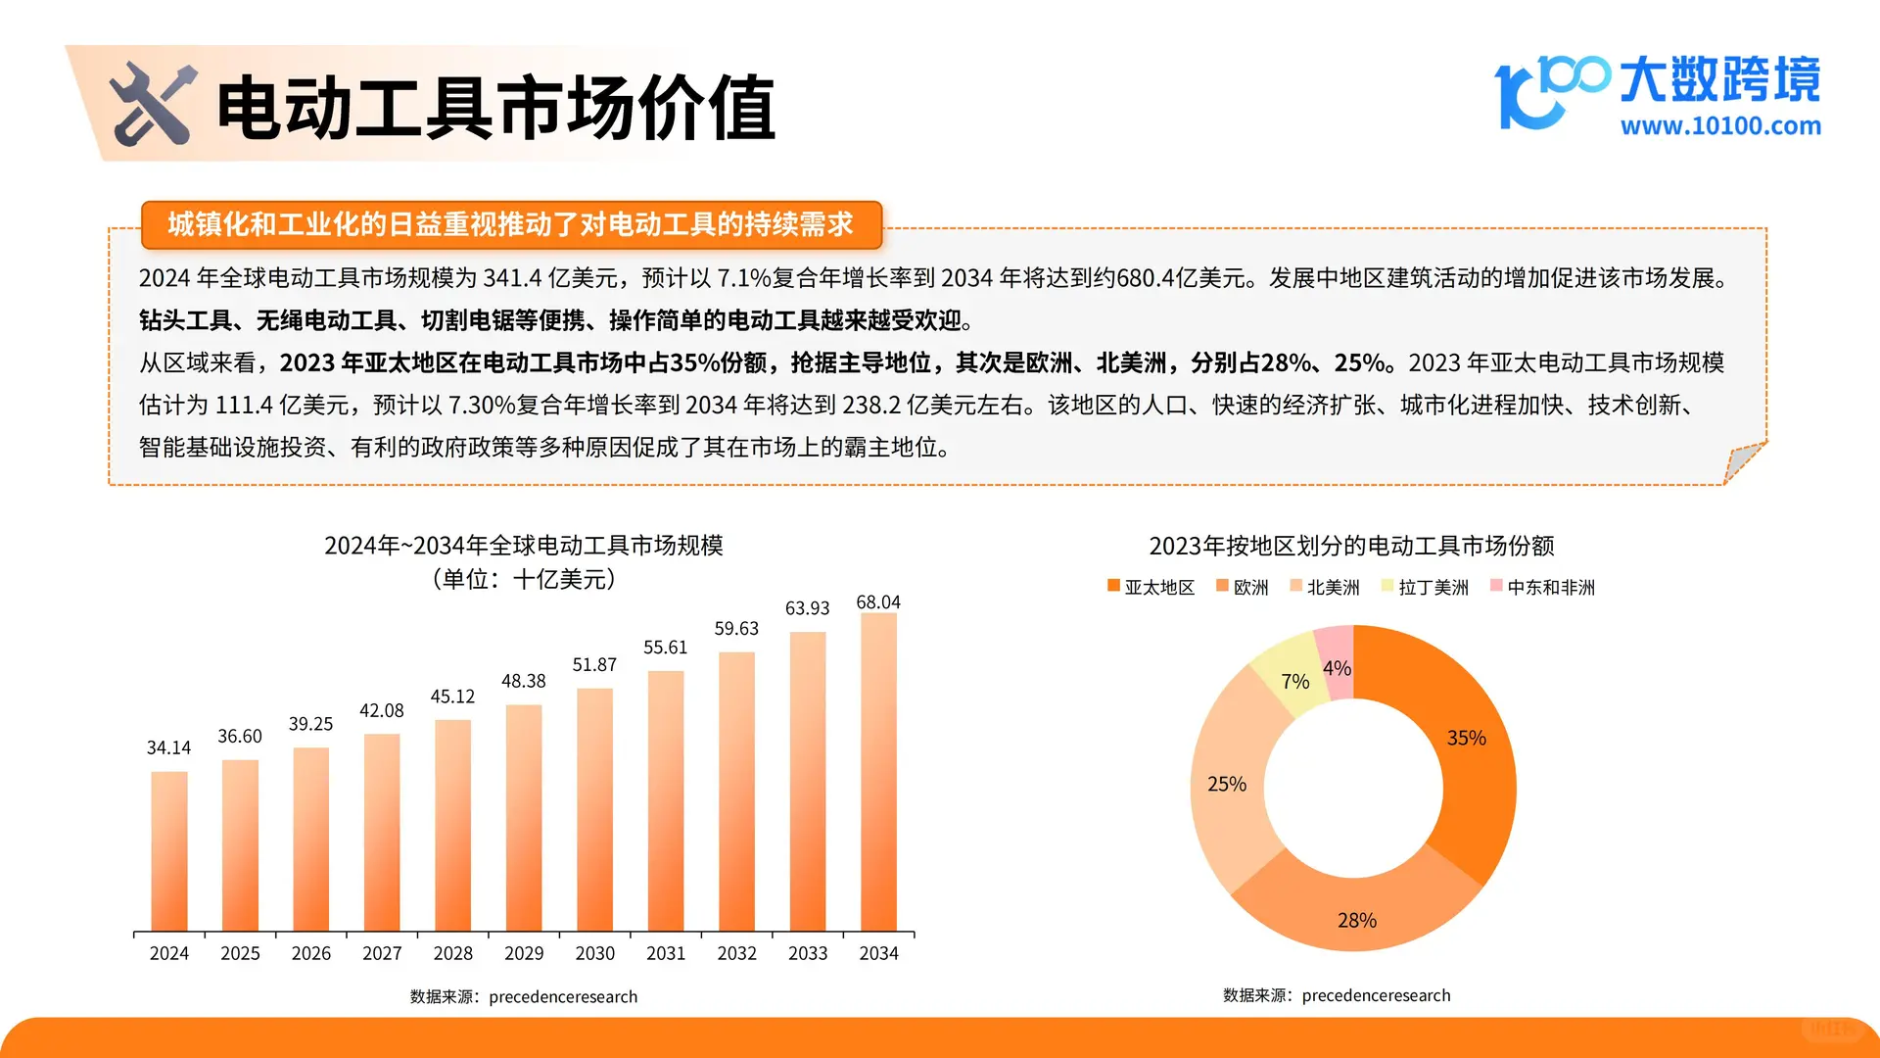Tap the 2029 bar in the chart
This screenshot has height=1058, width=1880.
click(x=524, y=817)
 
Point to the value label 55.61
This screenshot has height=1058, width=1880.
click(x=665, y=648)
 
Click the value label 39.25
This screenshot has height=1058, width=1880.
click(x=310, y=724)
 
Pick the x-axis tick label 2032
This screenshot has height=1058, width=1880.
click(x=736, y=953)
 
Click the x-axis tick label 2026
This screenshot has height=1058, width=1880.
click(x=310, y=953)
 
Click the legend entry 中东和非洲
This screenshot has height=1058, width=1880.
click(x=1543, y=587)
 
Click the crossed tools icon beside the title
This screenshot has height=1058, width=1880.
click(x=153, y=104)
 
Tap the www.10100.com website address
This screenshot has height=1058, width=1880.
click(x=1720, y=126)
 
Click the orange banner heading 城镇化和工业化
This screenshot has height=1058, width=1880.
click(x=510, y=224)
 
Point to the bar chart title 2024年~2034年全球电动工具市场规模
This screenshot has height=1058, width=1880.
click(x=523, y=546)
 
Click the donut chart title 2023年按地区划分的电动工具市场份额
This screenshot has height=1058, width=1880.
click(x=1351, y=546)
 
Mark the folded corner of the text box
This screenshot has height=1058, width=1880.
click(x=1742, y=461)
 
